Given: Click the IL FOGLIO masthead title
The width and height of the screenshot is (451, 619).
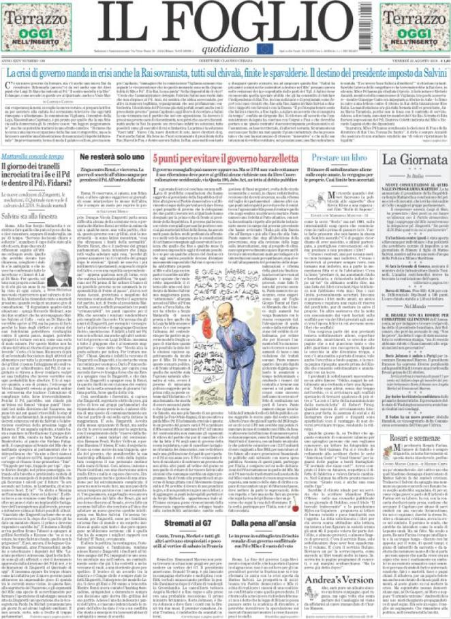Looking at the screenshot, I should point(224,19).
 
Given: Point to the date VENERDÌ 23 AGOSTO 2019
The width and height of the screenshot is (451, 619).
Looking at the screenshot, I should point(416,63).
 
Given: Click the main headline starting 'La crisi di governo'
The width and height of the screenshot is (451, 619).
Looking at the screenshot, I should point(225,72).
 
